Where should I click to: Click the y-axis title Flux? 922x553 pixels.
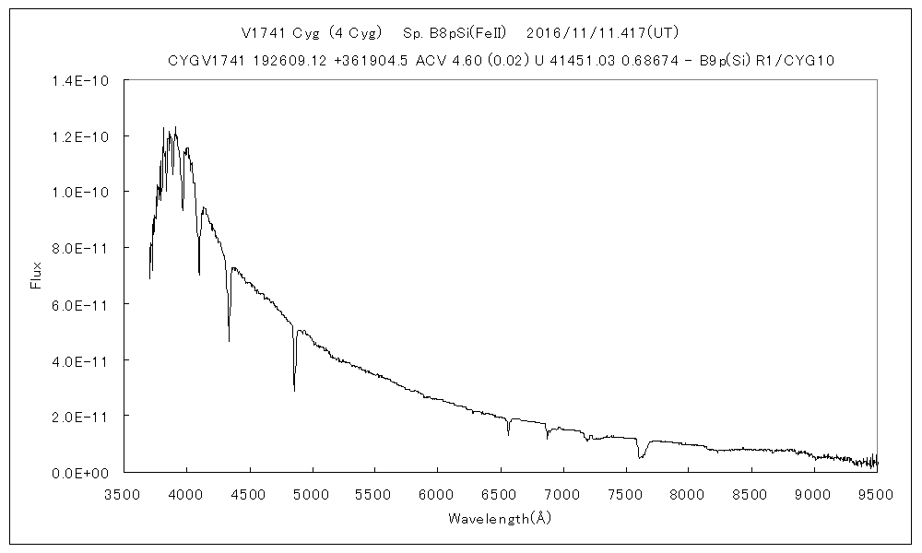(36, 276)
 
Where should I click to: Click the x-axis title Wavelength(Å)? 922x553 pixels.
(500, 518)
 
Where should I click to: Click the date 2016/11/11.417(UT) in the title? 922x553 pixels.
(602, 33)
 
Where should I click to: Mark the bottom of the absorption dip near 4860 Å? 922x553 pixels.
(294, 391)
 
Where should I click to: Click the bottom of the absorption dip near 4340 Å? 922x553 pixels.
(229, 341)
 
